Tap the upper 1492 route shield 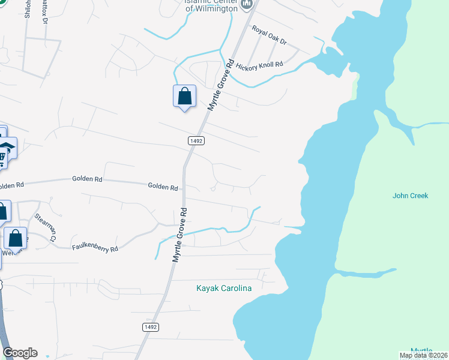(x=196, y=140)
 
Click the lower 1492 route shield (x=151, y=327)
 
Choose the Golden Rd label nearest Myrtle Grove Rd (x=163, y=187)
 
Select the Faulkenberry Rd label (x=95, y=247)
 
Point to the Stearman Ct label (x=46, y=227)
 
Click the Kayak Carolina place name (x=224, y=288)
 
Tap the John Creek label (x=411, y=196)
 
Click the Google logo (x=20, y=353)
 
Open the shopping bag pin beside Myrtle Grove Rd (x=184, y=96)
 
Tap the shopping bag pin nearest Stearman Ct (x=16, y=238)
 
